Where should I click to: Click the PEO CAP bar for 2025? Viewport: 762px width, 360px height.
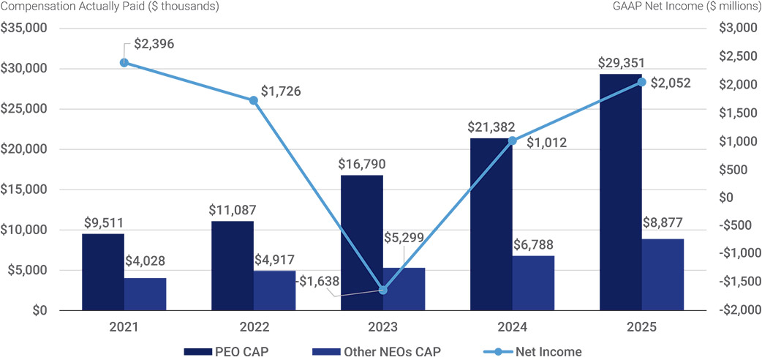click(621, 192)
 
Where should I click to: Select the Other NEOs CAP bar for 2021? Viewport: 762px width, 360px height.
click(145, 294)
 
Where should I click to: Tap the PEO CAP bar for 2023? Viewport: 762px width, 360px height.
click(361, 243)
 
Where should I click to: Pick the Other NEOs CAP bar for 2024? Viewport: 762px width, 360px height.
click(533, 283)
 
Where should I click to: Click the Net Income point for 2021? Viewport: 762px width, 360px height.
click(124, 62)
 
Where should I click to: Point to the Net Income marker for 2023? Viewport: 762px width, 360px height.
click(383, 290)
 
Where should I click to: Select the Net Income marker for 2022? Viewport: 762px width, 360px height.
click(253, 101)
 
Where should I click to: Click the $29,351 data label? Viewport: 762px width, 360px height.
click(621, 63)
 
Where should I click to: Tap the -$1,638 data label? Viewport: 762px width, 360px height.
click(319, 281)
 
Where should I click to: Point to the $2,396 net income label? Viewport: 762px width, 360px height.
click(154, 44)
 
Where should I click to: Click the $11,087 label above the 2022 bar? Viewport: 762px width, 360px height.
click(232, 210)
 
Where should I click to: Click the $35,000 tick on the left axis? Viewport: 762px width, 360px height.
click(24, 29)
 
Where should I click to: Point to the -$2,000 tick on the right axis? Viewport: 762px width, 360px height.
click(738, 310)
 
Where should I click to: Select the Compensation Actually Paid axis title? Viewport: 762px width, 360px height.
click(110, 7)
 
